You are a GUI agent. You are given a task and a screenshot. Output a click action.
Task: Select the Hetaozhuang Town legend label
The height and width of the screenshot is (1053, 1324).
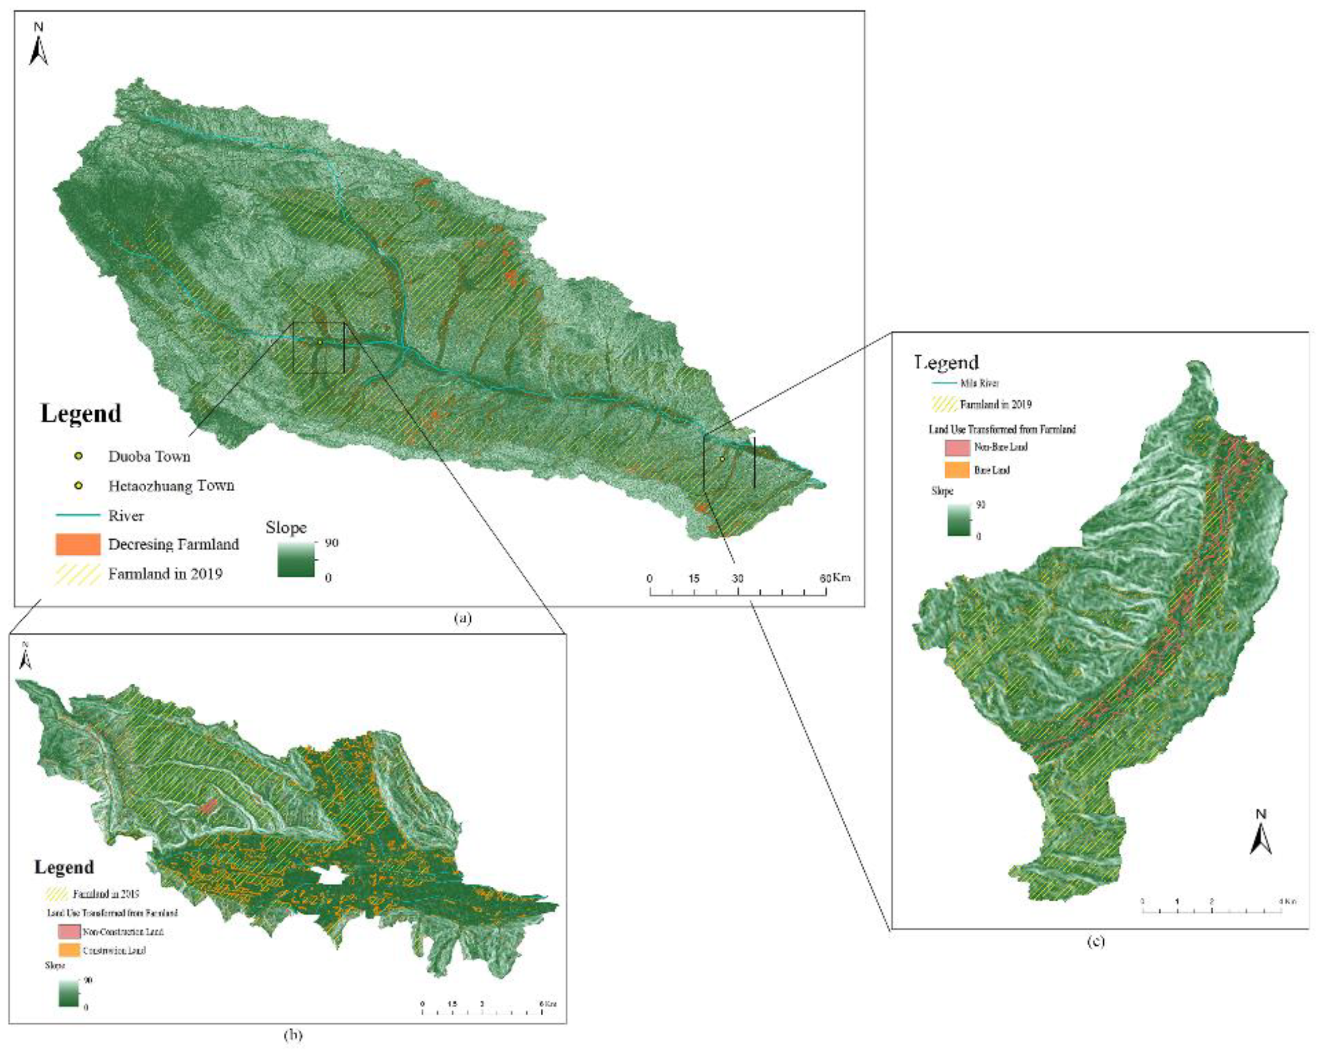click(x=171, y=486)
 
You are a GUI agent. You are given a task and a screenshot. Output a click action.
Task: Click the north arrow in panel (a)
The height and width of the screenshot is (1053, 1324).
click(x=39, y=45)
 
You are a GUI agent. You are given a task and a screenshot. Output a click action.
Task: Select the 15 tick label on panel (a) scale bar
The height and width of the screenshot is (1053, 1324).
click(x=694, y=578)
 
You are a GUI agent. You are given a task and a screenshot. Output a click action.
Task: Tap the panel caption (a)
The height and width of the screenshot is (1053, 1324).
click(x=463, y=618)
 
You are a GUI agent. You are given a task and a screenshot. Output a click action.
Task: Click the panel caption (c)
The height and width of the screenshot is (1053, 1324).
click(x=1096, y=941)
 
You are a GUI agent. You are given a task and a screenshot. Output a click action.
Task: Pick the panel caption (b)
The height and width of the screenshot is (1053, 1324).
click(x=293, y=1034)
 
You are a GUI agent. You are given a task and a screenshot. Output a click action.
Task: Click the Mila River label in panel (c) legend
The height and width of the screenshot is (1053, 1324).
click(x=979, y=383)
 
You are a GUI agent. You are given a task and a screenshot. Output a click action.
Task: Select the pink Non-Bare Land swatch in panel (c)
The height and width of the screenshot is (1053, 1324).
click(x=957, y=447)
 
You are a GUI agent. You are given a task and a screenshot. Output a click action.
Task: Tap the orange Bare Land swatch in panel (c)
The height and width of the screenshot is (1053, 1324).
click(x=957, y=470)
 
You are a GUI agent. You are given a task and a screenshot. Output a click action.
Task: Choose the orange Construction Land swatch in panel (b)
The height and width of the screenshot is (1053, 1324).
click(x=70, y=950)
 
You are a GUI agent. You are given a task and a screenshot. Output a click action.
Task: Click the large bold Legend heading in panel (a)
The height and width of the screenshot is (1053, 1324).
click(x=81, y=414)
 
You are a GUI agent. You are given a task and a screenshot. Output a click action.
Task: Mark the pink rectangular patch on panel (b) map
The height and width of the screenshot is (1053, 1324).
click(x=209, y=806)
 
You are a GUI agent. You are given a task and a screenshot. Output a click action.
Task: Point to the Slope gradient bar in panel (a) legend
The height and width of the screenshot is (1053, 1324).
click(x=296, y=559)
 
